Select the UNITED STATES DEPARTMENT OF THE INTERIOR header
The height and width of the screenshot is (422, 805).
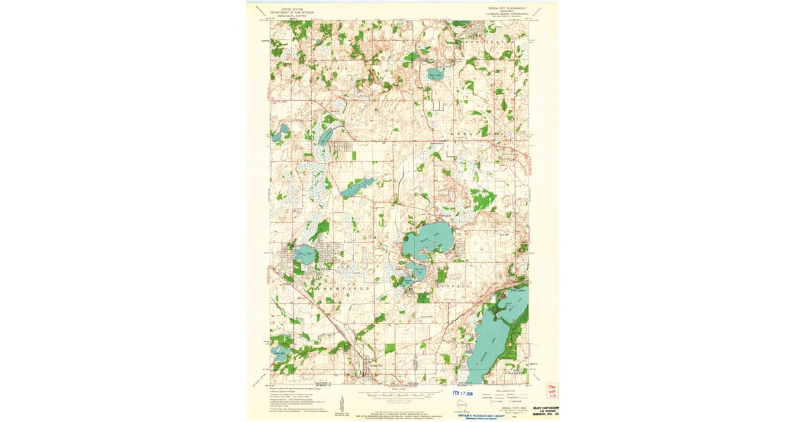coord(292,11)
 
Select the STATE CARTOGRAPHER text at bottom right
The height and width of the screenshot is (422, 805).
coord(545,408)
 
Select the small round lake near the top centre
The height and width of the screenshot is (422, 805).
coord(435,74)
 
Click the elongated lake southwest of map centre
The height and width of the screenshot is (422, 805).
coord(356,188)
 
